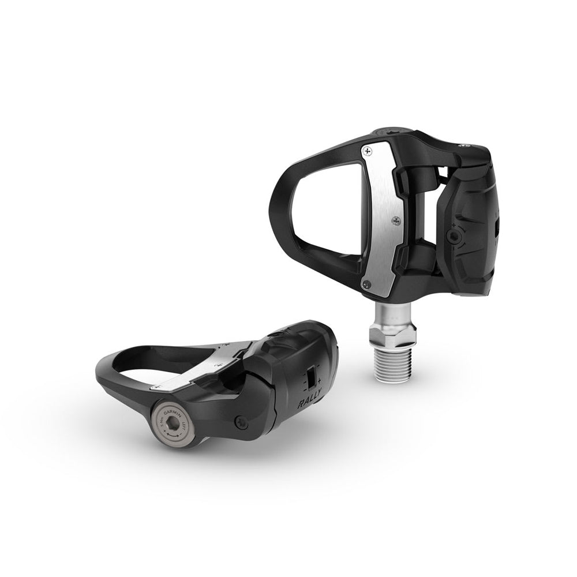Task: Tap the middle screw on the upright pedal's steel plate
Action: tap(395, 219)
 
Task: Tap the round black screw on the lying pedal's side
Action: tap(242, 423)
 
